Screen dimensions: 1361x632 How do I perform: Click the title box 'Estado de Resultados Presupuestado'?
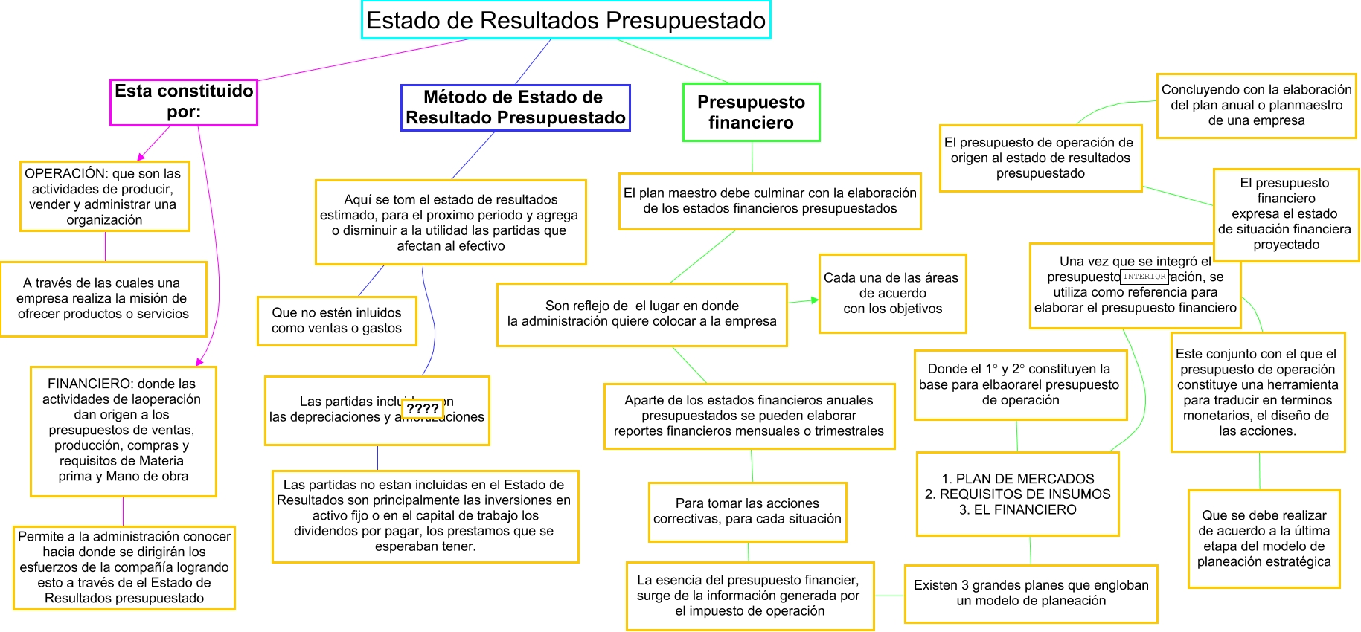566,20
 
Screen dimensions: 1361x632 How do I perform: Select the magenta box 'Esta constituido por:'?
184,102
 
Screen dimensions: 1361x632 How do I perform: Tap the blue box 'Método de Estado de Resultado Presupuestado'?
515,108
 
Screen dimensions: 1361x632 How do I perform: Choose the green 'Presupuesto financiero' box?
751,112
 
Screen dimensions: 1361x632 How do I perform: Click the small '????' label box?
422,408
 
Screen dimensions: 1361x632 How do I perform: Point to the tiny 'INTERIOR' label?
1144,277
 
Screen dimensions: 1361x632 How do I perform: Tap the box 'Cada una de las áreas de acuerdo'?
892,293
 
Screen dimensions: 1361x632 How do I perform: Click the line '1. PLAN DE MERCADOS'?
1018,479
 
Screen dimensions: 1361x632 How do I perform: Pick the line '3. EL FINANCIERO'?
1018,509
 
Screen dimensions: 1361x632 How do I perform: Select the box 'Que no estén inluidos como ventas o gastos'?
336,320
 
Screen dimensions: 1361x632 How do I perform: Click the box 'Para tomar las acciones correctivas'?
747,512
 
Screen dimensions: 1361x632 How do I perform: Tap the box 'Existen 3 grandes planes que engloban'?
1031,593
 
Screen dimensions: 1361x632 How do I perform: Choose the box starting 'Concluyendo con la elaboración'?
1256,105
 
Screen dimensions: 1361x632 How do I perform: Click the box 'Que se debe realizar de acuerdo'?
1264,538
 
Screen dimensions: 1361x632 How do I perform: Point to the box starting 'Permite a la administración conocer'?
124,567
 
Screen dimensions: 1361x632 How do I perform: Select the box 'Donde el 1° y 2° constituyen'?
1019,384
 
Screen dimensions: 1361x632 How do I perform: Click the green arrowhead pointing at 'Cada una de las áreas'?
815,300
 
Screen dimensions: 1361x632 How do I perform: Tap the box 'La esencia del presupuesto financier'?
749,596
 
